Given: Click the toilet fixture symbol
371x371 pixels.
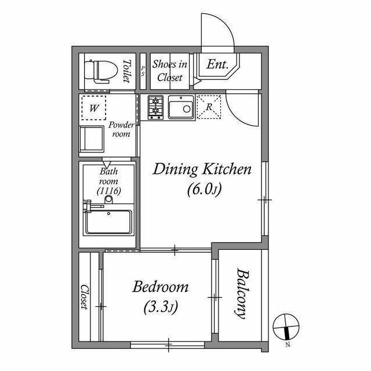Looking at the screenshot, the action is [x=101, y=71].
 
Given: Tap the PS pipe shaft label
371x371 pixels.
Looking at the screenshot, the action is [x=143, y=71].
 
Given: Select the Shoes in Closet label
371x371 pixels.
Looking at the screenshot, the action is [x=170, y=71].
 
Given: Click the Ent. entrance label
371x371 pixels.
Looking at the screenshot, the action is [x=217, y=64].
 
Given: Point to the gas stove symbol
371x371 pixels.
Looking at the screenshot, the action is [x=155, y=107].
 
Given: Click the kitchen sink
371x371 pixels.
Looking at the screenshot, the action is [x=181, y=107].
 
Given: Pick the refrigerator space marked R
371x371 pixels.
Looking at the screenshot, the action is [x=209, y=107].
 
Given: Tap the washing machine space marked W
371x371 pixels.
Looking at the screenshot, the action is [x=94, y=108].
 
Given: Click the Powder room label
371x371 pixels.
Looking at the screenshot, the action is [x=121, y=129].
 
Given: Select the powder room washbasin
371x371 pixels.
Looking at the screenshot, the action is [x=92, y=139].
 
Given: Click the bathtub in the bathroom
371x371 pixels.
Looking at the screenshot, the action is [x=108, y=222].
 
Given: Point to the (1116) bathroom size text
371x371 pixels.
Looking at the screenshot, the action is [x=109, y=191].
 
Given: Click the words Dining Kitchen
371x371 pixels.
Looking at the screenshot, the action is [x=202, y=170].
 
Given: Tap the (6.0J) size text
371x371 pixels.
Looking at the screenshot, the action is [x=205, y=190].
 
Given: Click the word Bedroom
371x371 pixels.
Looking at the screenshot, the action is [x=160, y=287].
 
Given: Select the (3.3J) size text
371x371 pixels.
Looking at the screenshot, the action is [x=161, y=307].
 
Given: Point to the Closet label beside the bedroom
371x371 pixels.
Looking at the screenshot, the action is [x=85, y=297].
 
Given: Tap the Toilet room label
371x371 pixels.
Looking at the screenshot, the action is [x=127, y=71].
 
